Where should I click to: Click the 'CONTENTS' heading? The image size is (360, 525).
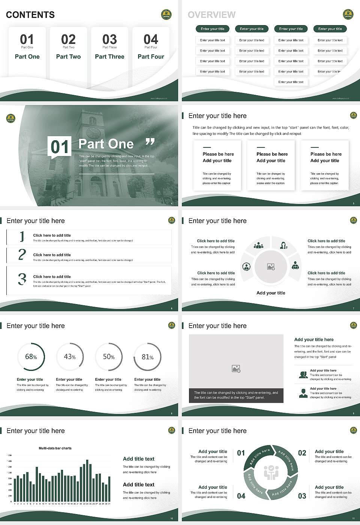click(x=30, y=15)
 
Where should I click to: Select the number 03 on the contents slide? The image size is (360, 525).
click(x=109, y=39)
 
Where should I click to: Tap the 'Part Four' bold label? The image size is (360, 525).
click(x=151, y=57)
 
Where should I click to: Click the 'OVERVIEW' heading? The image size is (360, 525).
click(x=211, y=15)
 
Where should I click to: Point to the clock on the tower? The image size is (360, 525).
click(x=93, y=132)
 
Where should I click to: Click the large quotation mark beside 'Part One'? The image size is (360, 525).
click(x=150, y=142)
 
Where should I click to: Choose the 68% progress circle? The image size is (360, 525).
click(x=31, y=357)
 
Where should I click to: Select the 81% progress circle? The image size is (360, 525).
click(x=148, y=357)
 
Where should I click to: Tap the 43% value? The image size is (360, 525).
click(x=70, y=357)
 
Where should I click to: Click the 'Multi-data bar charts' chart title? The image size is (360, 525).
click(x=55, y=448)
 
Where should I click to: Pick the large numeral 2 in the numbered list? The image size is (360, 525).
click(x=22, y=255)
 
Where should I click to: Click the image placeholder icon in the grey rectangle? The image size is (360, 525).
click(x=236, y=369)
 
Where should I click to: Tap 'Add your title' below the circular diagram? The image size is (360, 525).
click(x=271, y=293)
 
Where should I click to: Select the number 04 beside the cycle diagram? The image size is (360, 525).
click(x=241, y=496)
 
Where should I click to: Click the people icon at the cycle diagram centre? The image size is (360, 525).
click(x=271, y=472)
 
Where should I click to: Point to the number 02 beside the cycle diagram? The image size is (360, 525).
click(x=302, y=453)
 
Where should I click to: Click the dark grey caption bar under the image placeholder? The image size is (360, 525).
click(x=236, y=395)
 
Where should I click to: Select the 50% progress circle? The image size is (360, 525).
click(x=109, y=357)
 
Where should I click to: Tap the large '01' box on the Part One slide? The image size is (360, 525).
click(x=60, y=147)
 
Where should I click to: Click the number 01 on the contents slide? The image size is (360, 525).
click(x=27, y=39)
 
